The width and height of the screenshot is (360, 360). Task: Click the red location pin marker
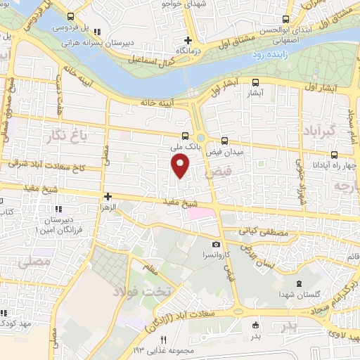click(x=181, y=167)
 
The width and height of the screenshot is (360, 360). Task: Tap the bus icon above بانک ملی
click(x=185, y=137)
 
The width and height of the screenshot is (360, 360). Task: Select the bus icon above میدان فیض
click(x=225, y=140)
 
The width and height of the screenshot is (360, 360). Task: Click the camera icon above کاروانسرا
click(x=217, y=244)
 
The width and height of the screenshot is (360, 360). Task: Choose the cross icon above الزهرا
click(x=108, y=198)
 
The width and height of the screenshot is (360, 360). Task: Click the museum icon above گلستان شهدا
click(x=302, y=284)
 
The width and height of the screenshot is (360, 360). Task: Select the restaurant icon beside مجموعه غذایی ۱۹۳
click(x=163, y=341)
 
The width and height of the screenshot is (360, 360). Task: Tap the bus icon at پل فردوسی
click(x=70, y=15)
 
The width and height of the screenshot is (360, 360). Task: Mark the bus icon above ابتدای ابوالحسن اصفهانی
click(x=285, y=20)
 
